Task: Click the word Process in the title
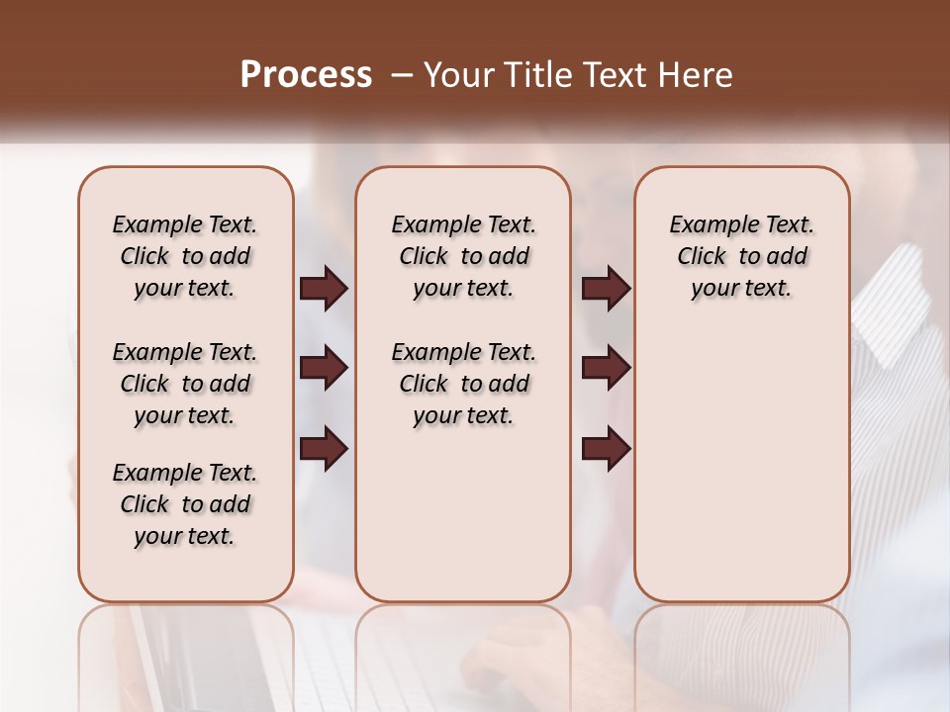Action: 306,75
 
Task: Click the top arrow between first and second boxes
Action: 324,289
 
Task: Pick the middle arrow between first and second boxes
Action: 324,369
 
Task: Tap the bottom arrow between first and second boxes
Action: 324,449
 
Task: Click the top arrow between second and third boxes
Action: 606,289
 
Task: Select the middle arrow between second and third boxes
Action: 606,369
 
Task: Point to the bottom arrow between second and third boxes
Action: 606,449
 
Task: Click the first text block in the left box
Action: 185,256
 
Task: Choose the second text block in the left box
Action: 185,384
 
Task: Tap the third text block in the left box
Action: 185,504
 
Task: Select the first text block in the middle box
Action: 464,256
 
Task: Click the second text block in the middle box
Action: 464,384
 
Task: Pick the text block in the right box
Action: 742,256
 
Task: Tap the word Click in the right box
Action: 702,257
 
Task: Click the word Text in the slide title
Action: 616,75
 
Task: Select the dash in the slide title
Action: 401,75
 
